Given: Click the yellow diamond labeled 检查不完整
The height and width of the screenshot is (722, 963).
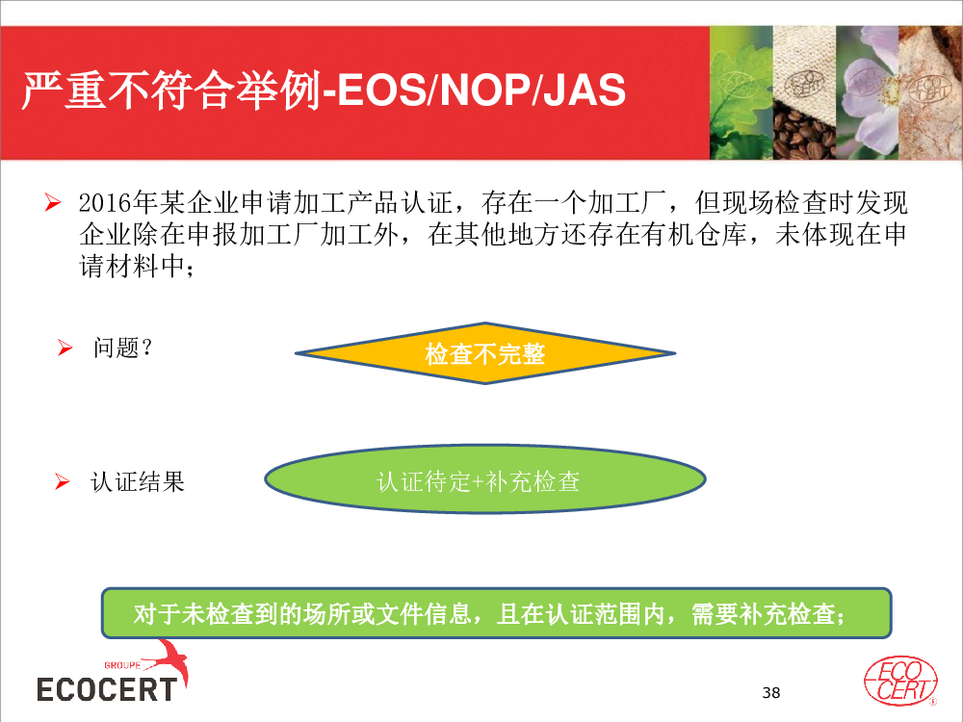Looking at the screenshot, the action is [x=485, y=353].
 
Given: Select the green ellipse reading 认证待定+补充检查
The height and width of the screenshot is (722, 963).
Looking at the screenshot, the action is [x=485, y=479].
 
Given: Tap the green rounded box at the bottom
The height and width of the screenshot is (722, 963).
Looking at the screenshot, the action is [x=496, y=612].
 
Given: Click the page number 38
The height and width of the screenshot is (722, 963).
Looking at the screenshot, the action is [x=770, y=692].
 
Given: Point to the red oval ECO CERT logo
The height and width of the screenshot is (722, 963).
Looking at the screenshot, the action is [x=900, y=681].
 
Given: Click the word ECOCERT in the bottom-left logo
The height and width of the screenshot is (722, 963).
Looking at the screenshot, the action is [x=107, y=689].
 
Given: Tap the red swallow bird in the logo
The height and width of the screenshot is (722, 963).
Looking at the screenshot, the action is [x=169, y=660].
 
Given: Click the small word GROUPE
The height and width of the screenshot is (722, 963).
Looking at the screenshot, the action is [x=122, y=665].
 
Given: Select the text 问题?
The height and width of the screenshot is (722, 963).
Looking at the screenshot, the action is [x=122, y=348].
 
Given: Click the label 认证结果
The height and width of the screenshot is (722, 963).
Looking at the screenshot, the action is [x=138, y=482].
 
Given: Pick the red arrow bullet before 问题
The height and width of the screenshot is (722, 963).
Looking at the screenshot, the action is [x=65, y=348].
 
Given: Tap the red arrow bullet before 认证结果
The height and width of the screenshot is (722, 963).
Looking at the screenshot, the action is [x=62, y=481].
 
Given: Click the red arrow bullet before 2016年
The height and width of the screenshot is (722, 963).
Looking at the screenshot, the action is [x=53, y=202].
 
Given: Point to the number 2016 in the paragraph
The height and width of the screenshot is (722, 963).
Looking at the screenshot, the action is [x=106, y=202].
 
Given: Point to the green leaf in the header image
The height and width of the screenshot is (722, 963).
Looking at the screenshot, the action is [x=741, y=92].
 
